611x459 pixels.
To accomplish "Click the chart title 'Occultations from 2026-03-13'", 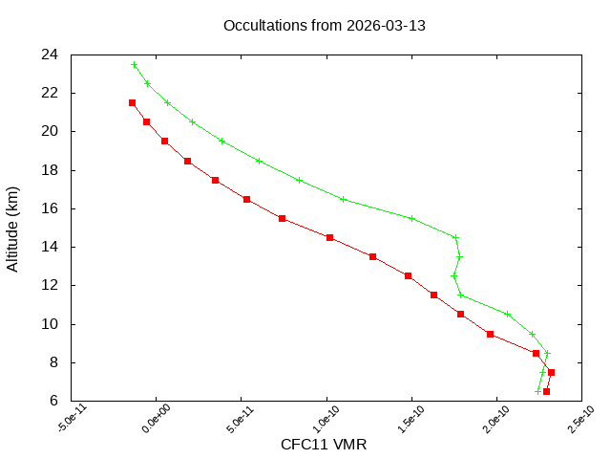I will tap(324, 25).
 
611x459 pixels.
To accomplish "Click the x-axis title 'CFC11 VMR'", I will tap(324, 445).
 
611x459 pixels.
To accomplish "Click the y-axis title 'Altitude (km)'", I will tap(13, 228).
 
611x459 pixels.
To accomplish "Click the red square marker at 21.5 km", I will tap(132, 102).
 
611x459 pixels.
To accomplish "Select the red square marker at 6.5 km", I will tap(546, 391).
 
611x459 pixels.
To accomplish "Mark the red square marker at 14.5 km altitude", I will tap(329, 237).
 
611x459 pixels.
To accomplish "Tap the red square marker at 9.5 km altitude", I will tap(490, 334).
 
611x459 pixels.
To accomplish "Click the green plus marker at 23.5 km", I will tap(134, 64).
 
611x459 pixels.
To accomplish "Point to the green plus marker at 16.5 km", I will tap(343, 199).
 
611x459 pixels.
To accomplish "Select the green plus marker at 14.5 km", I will tap(455, 237).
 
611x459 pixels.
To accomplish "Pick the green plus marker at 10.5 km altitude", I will tap(508, 315).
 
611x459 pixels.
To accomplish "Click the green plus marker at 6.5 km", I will tap(538, 391).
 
